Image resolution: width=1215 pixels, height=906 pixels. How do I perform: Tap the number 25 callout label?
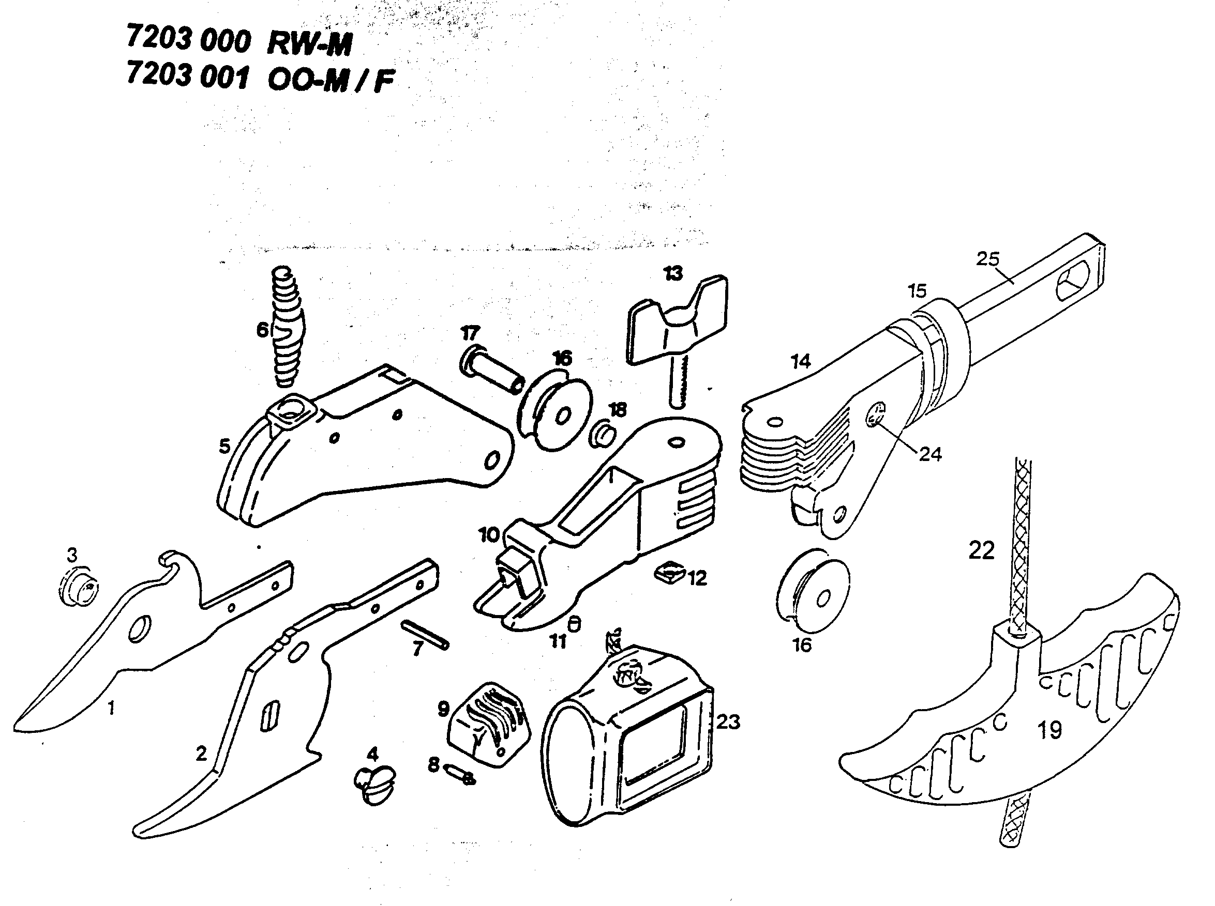[987, 259]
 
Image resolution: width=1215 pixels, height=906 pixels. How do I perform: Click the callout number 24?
[930, 454]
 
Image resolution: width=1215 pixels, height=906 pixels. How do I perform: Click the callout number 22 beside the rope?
[981, 550]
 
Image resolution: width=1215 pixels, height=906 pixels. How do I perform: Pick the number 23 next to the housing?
[728, 721]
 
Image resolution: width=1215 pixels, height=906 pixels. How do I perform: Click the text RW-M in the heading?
[309, 44]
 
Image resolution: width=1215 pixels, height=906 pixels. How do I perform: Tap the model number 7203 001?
[188, 75]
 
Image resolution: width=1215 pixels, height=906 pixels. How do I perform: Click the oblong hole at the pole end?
[1074, 280]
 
